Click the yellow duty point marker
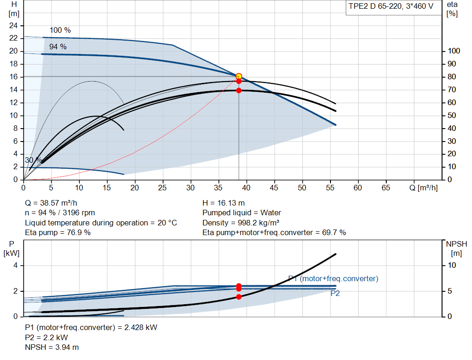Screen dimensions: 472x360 coord(239,76)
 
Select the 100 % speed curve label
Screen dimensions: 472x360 coord(60,30)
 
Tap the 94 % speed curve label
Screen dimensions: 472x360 coord(58,47)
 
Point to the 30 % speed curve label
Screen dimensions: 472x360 coord(33,160)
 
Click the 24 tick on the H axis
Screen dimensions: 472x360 coord(13,25)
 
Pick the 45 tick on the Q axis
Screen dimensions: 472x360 coord(274,188)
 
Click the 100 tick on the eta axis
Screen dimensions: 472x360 coord(454,51)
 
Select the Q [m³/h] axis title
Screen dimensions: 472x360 coord(424,188)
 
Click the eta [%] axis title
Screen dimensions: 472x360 coord(452,9)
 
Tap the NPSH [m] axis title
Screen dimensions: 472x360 coord(456,248)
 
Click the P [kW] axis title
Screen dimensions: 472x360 coord(12,248)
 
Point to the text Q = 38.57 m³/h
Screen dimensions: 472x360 coord(51,203)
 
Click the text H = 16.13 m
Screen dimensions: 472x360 coord(224,203)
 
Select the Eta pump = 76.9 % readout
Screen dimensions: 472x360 coord(58,232)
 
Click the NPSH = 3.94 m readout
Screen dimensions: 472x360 coord(52,347)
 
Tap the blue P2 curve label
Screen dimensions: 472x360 coord(335,293)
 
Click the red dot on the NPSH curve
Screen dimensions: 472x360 coord(239,297)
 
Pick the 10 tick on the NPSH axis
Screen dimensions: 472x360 coord(452,265)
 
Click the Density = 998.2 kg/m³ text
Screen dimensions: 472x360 coord(241,223)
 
